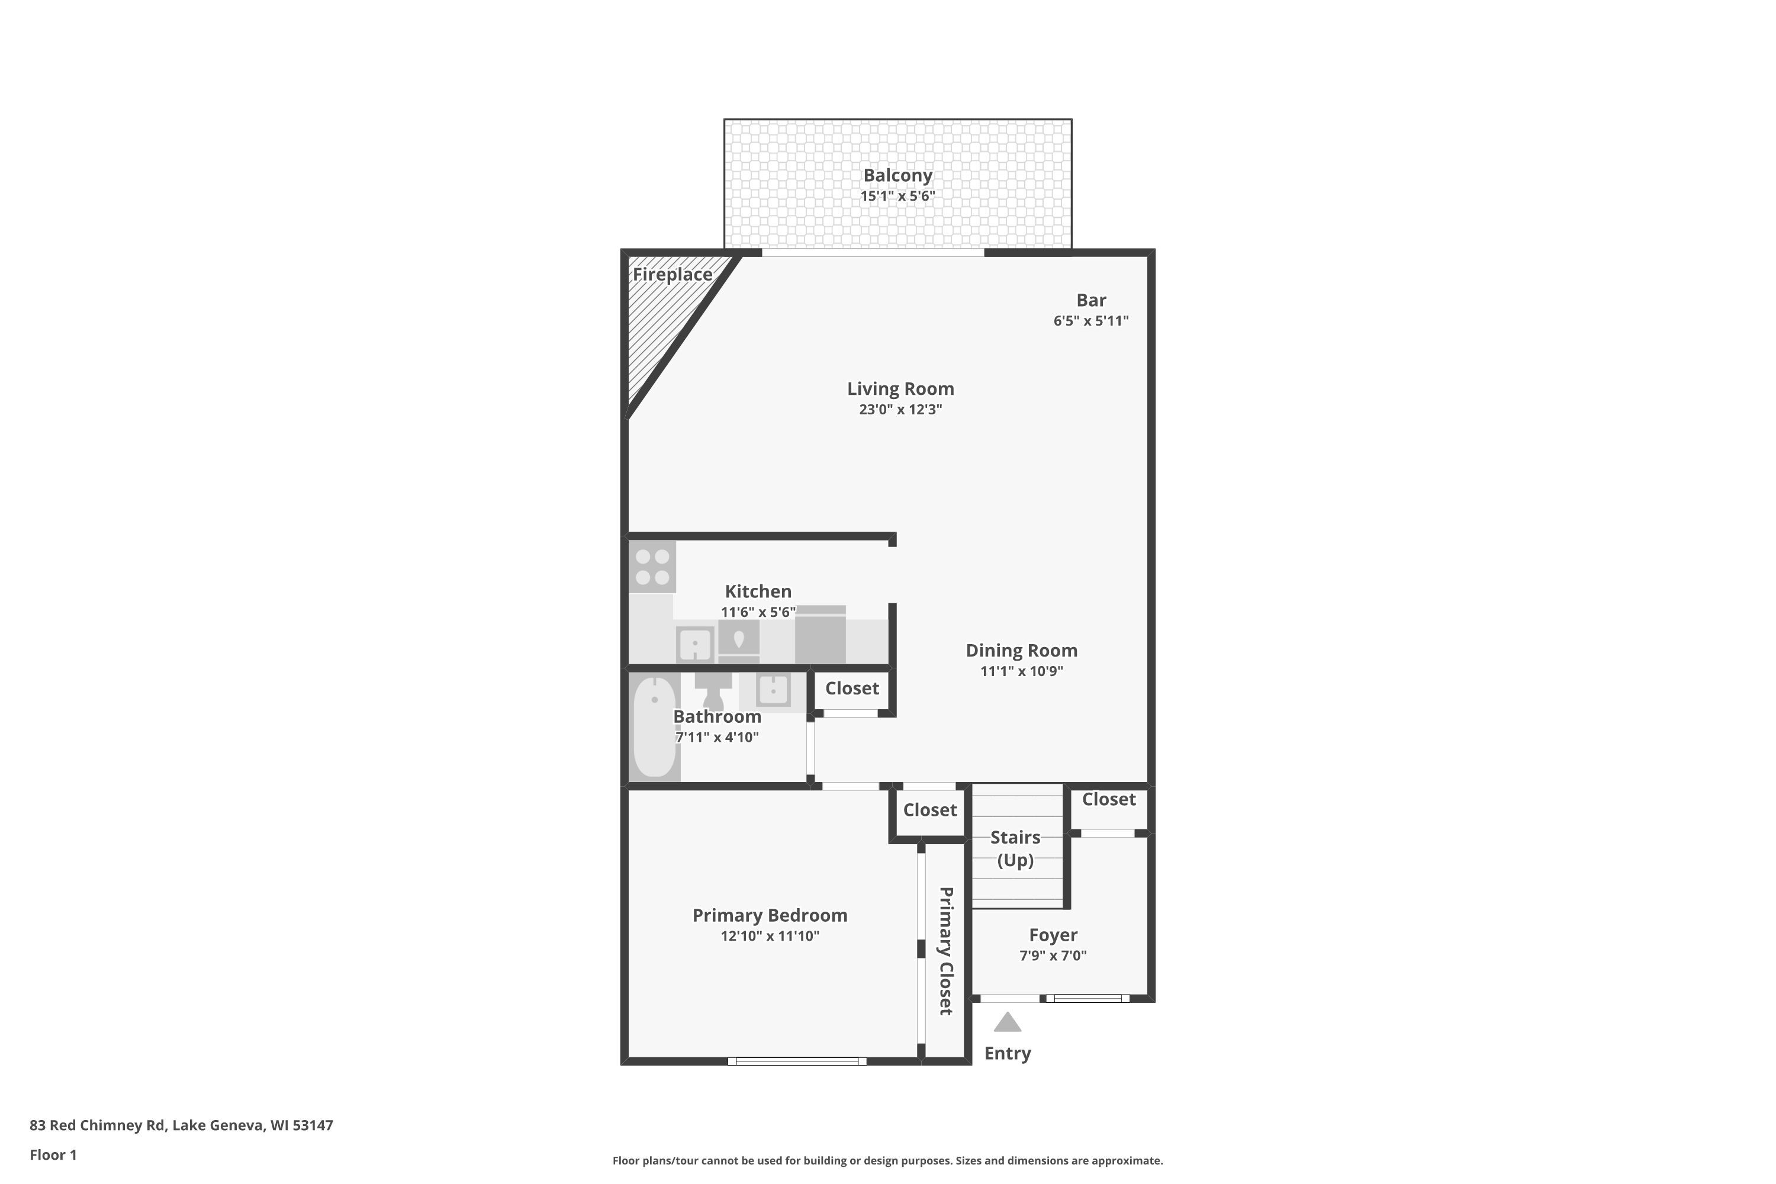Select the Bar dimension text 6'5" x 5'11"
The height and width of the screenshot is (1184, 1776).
pyautogui.click(x=1090, y=321)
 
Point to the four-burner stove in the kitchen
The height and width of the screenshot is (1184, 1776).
pyautogui.click(x=652, y=567)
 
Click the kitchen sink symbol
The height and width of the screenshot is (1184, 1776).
pyautogui.click(x=694, y=645)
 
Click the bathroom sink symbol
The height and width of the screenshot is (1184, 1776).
pyautogui.click(x=773, y=690)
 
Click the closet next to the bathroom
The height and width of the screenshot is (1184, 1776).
pyautogui.click(x=852, y=688)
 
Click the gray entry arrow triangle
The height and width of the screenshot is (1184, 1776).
pyautogui.click(x=1008, y=1023)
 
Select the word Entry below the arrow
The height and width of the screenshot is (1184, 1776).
pyautogui.click(x=1008, y=1053)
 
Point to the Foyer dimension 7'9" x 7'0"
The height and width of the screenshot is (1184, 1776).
pyautogui.click(x=1053, y=956)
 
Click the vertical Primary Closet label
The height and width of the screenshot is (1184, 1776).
pyautogui.click(x=945, y=951)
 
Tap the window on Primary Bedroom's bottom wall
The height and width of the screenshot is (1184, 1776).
pyautogui.click(x=797, y=1061)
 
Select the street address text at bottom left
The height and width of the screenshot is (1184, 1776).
pyautogui.click(x=181, y=1125)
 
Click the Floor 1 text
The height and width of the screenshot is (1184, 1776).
pyautogui.click(x=53, y=1154)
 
